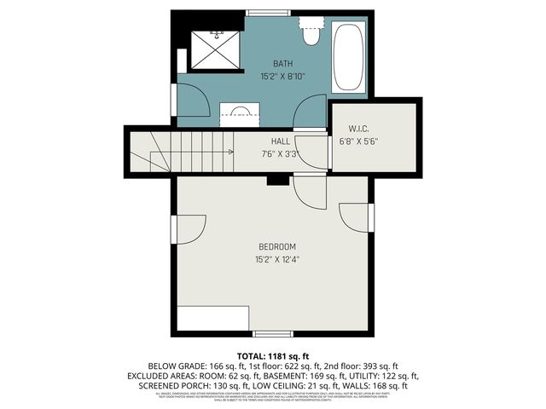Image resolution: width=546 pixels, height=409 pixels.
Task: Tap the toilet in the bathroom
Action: [x=311, y=34]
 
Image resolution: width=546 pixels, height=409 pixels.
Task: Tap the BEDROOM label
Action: [x=276, y=247]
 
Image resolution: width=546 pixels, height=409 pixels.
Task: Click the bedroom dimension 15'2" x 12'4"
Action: [x=276, y=259]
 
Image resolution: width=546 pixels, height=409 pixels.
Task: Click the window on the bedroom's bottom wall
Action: [x=273, y=333]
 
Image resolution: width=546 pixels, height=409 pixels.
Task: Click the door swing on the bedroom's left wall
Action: [x=189, y=228]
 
